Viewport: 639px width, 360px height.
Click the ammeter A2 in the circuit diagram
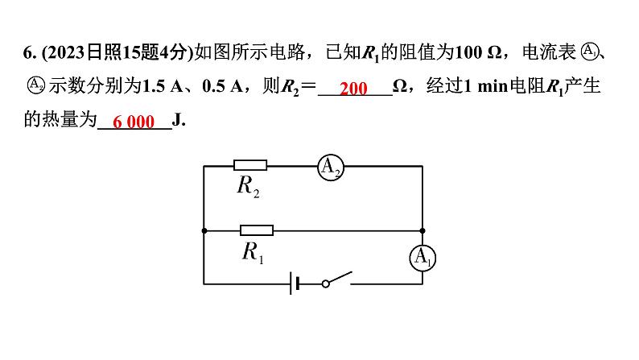[331, 166]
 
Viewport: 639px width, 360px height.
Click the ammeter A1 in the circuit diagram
[423, 258]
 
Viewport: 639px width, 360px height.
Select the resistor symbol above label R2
[250, 165]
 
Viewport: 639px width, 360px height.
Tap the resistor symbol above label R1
[257, 230]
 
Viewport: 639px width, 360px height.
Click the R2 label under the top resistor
[248, 187]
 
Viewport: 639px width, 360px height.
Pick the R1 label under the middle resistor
[254, 252]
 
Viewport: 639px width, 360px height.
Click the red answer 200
[353, 88]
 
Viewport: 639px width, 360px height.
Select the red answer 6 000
[134, 122]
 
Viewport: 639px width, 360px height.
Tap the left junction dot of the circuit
[204, 230]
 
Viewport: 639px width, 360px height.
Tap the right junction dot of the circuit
[423, 230]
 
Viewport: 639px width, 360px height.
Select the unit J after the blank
[179, 121]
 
